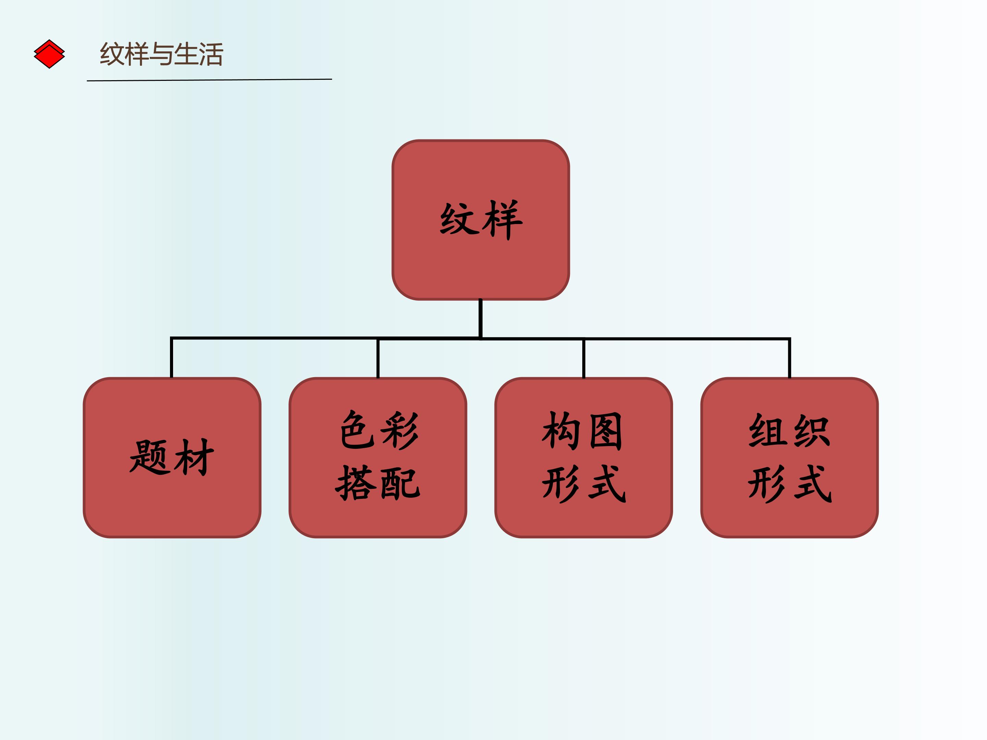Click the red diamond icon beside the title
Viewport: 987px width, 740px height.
[x=49, y=54]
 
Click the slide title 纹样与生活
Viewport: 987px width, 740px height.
[x=161, y=54]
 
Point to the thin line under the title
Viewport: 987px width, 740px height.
[x=209, y=80]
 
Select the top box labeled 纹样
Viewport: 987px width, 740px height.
[x=480, y=220]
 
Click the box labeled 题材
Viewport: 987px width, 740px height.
[x=172, y=458]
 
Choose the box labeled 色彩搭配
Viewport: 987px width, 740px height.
[x=378, y=458]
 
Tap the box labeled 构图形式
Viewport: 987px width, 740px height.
[x=584, y=458]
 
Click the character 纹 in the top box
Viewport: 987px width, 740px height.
[x=459, y=219]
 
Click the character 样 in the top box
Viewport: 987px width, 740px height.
[x=502, y=220]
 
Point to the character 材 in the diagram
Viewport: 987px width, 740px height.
[x=194, y=457]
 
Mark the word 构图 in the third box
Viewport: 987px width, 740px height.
[x=582, y=431]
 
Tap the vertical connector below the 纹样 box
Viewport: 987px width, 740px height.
[x=480, y=319]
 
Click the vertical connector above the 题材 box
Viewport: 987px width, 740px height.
[x=172, y=358]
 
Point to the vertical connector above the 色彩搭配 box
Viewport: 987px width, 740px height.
[x=378, y=358]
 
